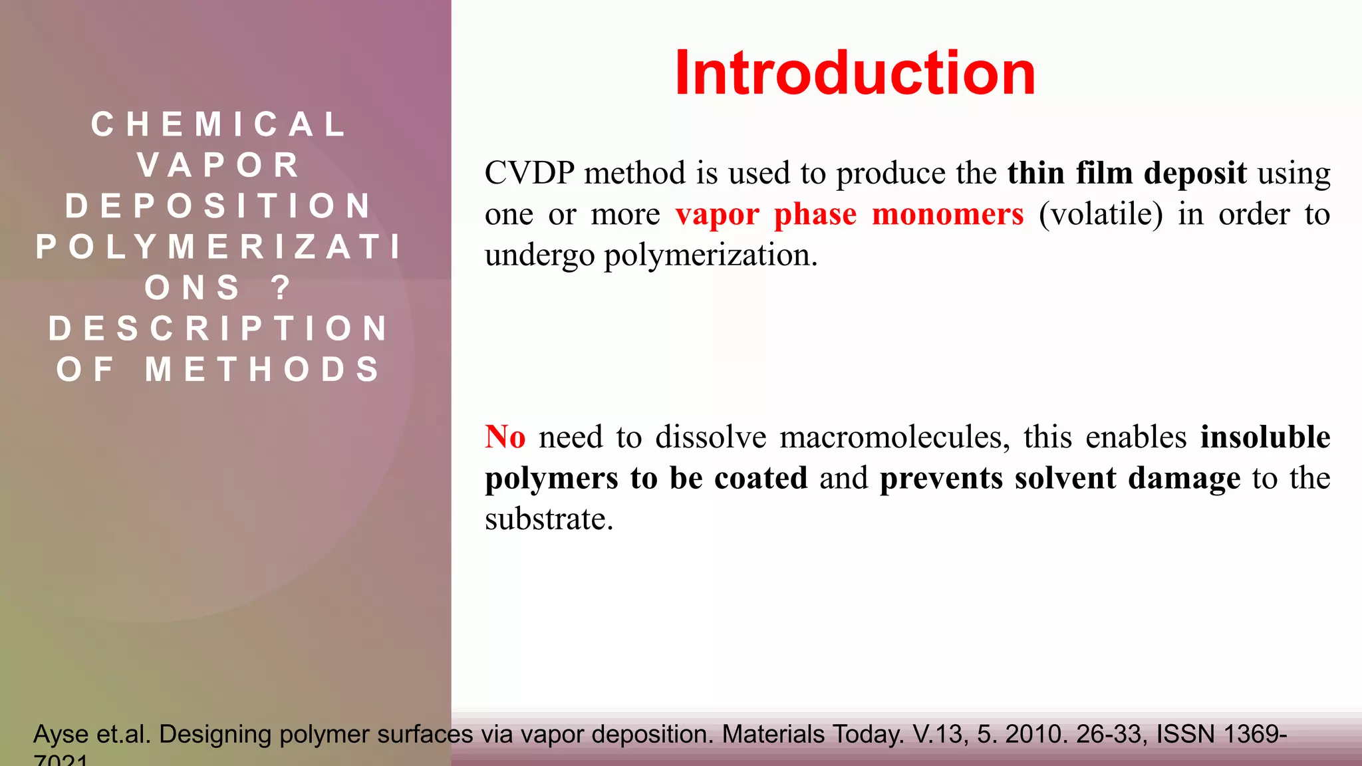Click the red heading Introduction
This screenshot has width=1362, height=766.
click(855, 73)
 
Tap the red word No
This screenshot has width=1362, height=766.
click(505, 438)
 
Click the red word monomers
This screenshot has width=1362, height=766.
click(947, 214)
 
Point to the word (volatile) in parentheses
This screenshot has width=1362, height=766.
click(1101, 214)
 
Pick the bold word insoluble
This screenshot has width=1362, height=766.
click(1265, 438)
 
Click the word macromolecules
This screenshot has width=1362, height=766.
click(894, 438)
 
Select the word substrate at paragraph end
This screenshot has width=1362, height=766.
click(549, 519)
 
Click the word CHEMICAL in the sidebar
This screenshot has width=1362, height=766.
click(219, 124)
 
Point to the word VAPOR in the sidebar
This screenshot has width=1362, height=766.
click(219, 165)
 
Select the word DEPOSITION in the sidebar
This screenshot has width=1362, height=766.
click(219, 205)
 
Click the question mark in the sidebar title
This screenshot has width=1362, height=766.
click(281, 287)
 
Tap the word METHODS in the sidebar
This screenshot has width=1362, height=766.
click(263, 369)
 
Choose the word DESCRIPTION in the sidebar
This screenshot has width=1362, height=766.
click(219, 328)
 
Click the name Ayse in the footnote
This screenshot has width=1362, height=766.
click(61, 735)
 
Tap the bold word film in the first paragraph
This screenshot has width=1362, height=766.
click(1104, 174)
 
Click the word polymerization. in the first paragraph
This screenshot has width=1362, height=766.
click(710, 255)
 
